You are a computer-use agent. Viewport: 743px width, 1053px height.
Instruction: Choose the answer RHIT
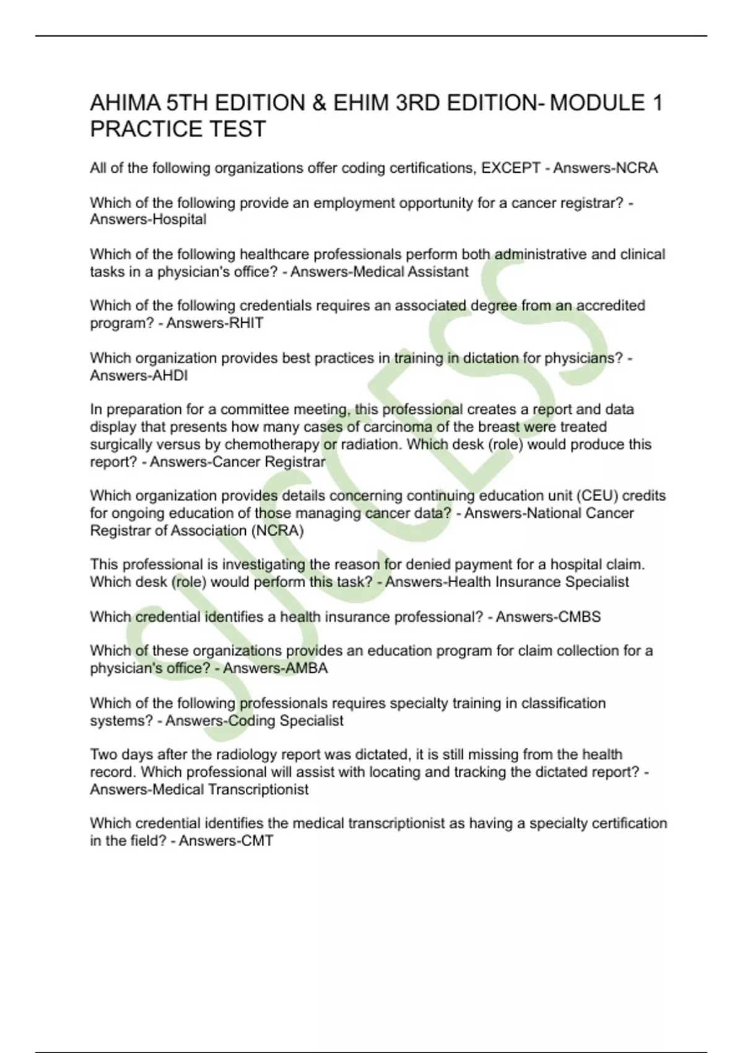tap(246, 323)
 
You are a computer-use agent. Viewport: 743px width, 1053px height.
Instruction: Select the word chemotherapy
tap(272, 444)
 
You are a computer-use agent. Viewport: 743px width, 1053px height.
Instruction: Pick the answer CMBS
tap(580, 616)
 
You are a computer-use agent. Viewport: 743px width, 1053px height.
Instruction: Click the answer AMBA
tap(307, 668)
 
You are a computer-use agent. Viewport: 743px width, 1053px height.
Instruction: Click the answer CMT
tap(256, 841)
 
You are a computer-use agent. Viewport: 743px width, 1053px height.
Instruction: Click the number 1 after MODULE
tap(657, 103)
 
